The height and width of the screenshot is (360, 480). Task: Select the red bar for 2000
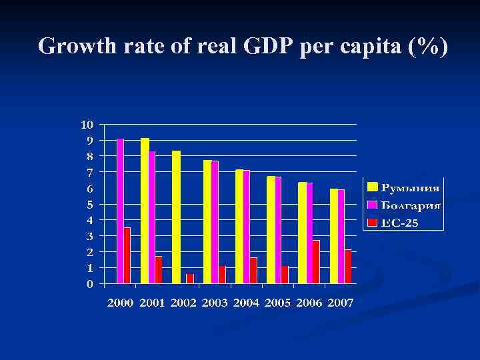coord(127,255)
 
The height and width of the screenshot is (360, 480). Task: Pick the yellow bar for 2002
coord(176,217)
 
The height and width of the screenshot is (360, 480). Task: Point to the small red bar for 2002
coord(190,279)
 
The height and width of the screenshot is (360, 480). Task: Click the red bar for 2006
coord(316,262)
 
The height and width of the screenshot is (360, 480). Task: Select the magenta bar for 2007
coord(341,237)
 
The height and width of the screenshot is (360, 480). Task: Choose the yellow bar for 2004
coord(239,227)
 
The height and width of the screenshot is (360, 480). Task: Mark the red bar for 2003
coord(222,275)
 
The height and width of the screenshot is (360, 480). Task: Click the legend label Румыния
coord(410,187)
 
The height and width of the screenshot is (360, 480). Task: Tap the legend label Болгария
coord(410,205)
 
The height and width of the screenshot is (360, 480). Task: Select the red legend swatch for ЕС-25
coord(373,222)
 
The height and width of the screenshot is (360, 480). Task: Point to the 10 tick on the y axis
coord(87,124)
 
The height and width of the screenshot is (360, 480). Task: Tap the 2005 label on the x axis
coord(278,303)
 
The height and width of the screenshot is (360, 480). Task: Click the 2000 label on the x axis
coord(121,303)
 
